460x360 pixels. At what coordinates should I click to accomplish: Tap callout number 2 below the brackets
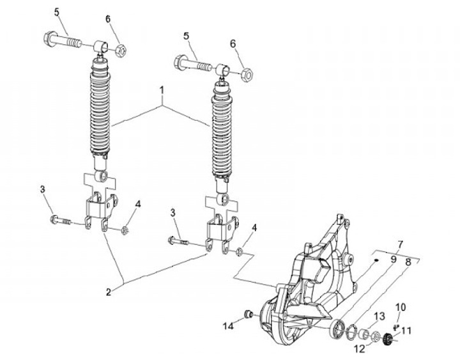pyautogui.click(x=108, y=292)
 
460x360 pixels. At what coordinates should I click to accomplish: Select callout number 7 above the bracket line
pyautogui.click(x=401, y=244)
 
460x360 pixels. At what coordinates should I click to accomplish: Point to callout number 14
pyautogui.click(x=228, y=326)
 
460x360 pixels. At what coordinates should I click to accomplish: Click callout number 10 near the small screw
pyautogui.click(x=401, y=307)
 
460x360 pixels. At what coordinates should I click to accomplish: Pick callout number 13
pyautogui.click(x=379, y=317)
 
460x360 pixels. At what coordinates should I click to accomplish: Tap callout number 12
pyautogui.click(x=360, y=349)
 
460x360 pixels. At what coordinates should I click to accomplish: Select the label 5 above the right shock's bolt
pyautogui.click(x=186, y=36)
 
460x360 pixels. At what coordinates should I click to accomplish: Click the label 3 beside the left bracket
pyautogui.click(x=43, y=189)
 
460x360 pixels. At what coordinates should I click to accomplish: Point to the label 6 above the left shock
pyautogui.click(x=108, y=19)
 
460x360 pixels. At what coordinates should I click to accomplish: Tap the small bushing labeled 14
pyautogui.click(x=249, y=315)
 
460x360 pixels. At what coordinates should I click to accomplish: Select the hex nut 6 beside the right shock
pyautogui.click(x=247, y=75)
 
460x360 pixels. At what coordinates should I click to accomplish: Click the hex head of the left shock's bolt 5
pyautogui.click(x=50, y=38)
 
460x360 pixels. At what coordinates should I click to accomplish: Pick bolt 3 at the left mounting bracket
pyautogui.click(x=61, y=220)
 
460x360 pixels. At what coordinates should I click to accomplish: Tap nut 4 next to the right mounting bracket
pyautogui.click(x=239, y=252)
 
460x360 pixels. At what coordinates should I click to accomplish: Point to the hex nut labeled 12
pyautogui.click(x=376, y=337)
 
